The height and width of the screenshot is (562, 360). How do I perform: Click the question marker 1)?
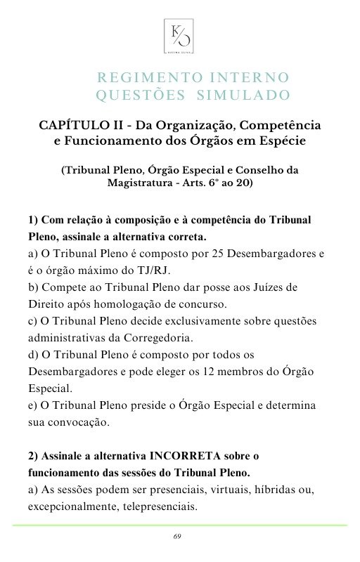(x=34, y=221)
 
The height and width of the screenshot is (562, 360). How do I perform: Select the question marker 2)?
(x=34, y=455)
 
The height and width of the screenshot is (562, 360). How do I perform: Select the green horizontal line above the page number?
(x=179, y=525)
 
